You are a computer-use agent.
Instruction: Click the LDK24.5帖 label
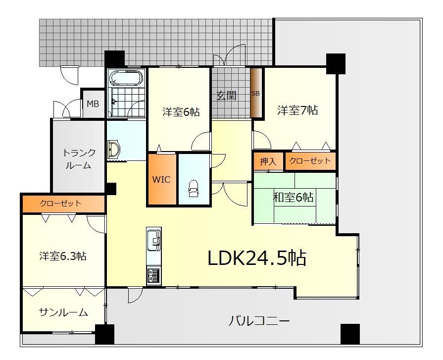tap(257, 258)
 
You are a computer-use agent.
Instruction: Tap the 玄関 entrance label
tap(226, 96)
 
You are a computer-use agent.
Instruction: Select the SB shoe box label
tap(255, 93)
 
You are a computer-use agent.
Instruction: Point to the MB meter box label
tap(93, 104)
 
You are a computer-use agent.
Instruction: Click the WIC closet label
tap(161, 179)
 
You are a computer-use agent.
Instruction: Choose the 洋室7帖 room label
tap(297, 110)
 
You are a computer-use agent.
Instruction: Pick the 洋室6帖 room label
tap(181, 112)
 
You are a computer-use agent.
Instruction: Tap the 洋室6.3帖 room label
tap(63, 256)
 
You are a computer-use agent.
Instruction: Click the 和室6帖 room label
tap(293, 197)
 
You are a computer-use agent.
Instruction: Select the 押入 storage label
tap(268, 161)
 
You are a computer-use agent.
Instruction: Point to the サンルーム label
tap(63, 312)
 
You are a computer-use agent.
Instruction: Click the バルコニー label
tap(259, 321)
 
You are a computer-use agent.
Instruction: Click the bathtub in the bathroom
tap(126, 77)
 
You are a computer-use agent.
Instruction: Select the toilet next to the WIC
tap(194, 188)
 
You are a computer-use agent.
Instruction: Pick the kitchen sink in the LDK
tap(154, 240)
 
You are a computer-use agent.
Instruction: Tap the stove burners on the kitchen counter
tap(153, 276)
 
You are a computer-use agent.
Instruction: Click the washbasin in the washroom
tap(114, 149)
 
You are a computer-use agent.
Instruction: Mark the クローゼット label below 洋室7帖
tap(310, 161)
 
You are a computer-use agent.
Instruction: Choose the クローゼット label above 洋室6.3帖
tap(60, 203)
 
